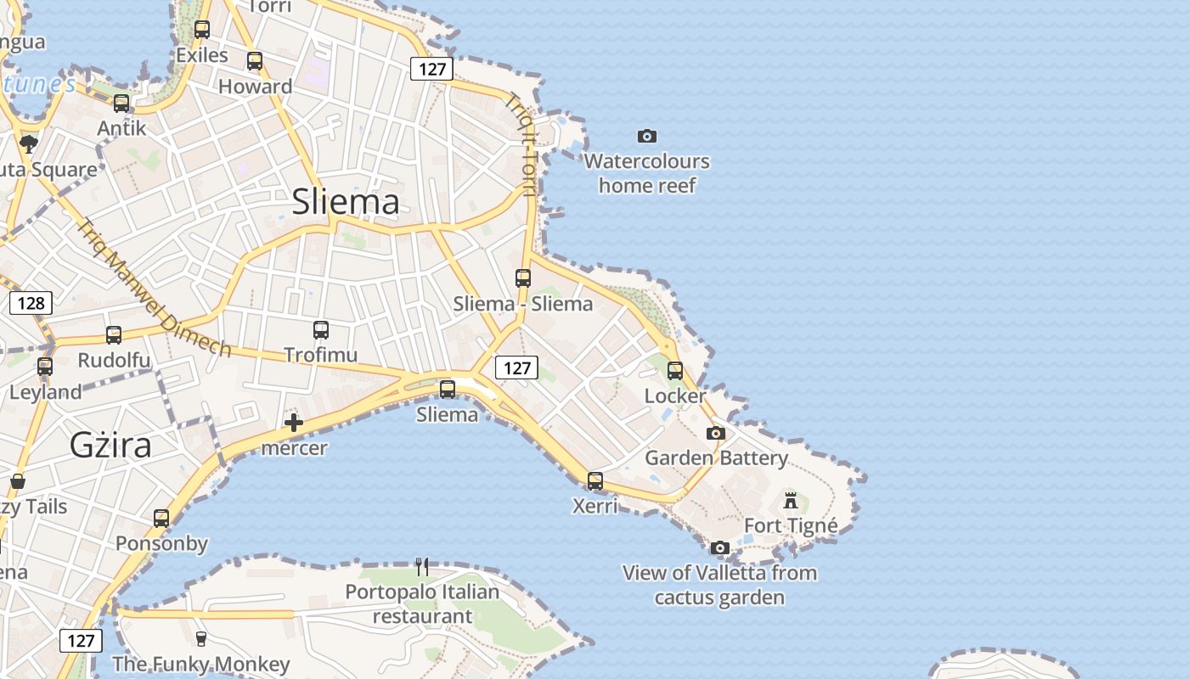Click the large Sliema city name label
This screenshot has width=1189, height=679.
pos(345,202)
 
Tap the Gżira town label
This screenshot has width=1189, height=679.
pos(110,445)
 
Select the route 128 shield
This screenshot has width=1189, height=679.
pos(31,303)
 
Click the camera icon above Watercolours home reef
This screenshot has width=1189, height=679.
pos(647,136)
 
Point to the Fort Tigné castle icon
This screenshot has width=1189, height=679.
pos(791,500)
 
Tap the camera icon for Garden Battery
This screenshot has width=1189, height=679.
pos(716,434)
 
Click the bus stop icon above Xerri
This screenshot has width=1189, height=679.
pos(595,481)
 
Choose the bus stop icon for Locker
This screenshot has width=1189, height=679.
pos(675,371)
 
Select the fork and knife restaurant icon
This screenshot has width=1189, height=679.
pos(421,566)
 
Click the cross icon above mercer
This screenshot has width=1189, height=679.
pos(294,422)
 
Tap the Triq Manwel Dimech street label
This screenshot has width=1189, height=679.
pos(154,289)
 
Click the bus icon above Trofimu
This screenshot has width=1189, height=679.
pos(321,330)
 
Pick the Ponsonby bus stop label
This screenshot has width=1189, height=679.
pos(161,543)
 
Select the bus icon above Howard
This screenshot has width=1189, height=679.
pos(255,61)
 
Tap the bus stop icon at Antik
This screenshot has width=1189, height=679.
pos(121,104)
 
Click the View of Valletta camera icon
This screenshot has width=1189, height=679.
pos(720,547)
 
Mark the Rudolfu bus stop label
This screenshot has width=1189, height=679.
pos(114,360)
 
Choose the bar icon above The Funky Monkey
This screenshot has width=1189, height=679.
pos(201,638)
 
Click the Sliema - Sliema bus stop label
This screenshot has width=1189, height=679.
pos(523,304)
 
